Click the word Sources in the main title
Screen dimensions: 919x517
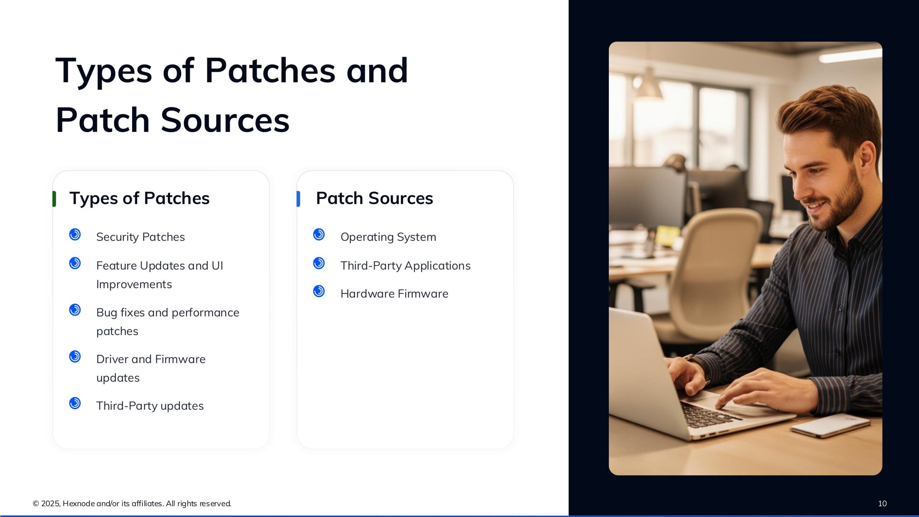tap(225, 120)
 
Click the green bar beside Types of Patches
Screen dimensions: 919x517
tap(54, 199)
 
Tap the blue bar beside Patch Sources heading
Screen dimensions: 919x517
tap(298, 199)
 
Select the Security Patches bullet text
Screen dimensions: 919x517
tap(140, 237)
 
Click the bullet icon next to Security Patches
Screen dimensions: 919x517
tap(75, 234)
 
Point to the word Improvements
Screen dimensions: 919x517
tap(134, 284)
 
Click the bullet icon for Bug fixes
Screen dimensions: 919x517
tap(75, 310)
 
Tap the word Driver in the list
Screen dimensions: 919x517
tap(112, 359)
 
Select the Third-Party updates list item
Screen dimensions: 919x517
tap(150, 406)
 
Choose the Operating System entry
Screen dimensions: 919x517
tap(388, 237)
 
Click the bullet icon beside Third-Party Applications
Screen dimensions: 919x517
tap(319, 263)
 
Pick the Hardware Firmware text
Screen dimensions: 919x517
tap(394, 294)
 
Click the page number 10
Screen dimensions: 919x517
tap(882, 504)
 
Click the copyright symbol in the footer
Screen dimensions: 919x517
tap(36, 504)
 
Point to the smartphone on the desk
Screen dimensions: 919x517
tap(829, 425)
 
